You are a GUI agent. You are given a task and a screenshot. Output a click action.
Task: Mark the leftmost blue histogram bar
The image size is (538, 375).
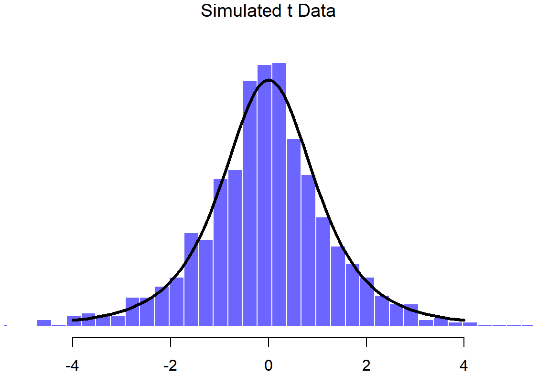[44, 323]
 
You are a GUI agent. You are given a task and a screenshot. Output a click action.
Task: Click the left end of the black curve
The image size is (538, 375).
[73, 320]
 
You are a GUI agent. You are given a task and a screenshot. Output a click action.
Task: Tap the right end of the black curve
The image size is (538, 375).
[464, 320]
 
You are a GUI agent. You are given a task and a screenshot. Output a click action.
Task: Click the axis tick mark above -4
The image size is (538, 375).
[73, 342]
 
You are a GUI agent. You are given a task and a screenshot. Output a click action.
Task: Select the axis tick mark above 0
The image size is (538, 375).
[269, 342]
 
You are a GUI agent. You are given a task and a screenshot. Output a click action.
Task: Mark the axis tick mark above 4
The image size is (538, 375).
[464, 342]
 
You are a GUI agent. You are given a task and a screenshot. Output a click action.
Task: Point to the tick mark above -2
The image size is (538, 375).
[171, 342]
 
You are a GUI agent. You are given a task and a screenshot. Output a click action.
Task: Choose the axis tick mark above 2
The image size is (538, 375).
[366, 342]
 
